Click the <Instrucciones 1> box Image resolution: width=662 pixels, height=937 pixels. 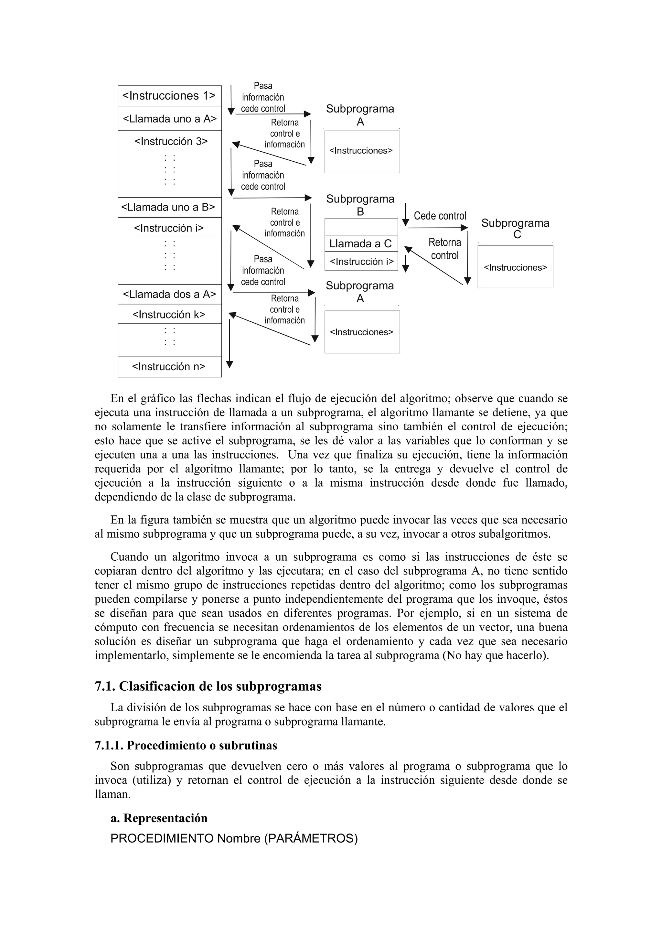169,96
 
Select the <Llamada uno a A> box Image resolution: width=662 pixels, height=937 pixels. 169,119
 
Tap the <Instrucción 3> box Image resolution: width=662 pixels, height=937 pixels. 169,141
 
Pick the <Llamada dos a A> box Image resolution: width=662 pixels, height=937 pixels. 169,294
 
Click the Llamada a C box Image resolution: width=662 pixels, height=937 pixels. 360,244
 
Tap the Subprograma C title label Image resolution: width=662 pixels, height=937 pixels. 515,229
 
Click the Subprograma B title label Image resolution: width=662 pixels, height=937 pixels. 360,205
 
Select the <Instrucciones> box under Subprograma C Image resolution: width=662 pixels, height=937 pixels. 515,267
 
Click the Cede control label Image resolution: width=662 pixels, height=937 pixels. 440,216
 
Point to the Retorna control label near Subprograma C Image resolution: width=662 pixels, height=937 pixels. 444,249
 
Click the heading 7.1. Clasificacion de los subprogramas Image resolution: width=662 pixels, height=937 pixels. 208,686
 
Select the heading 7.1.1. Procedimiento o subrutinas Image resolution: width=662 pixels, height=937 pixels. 186,746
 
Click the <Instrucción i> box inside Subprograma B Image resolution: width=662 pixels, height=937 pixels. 361,262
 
